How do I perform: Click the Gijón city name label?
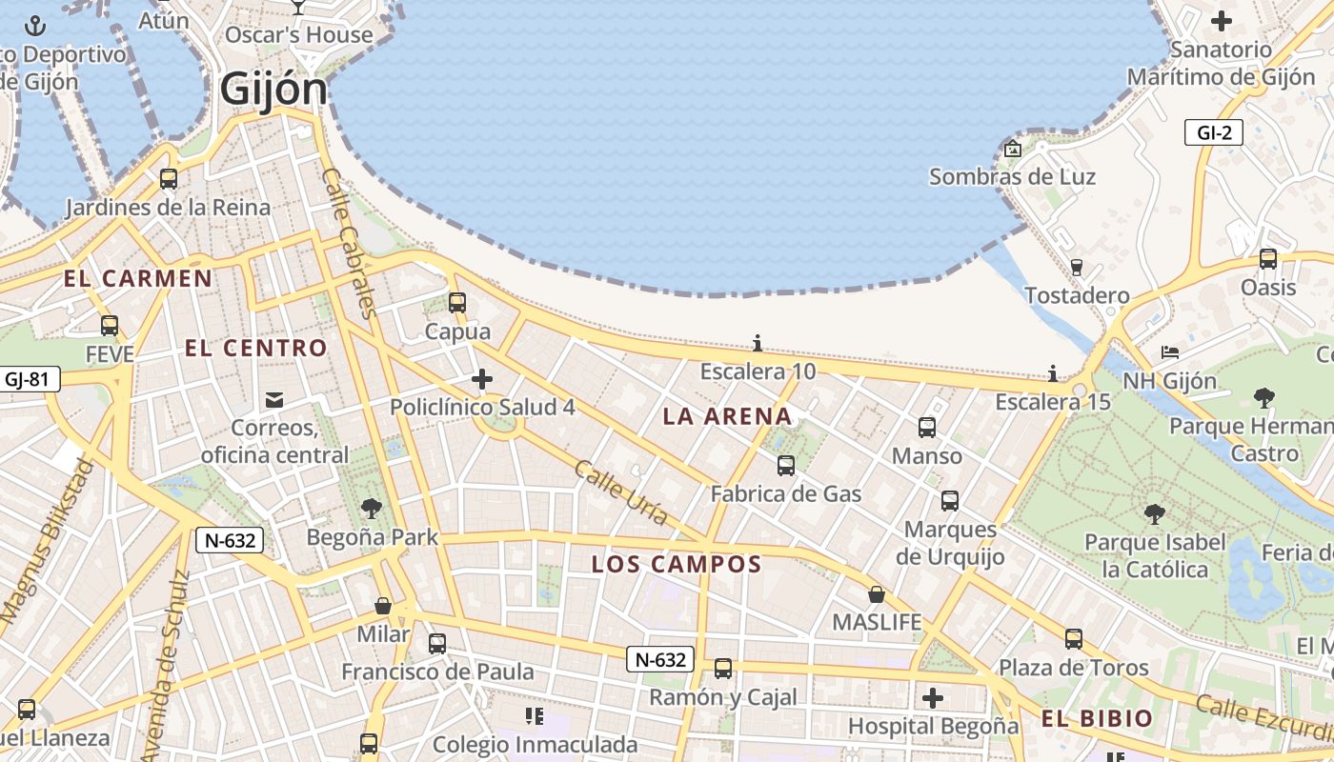click(273, 90)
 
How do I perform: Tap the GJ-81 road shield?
click(27, 379)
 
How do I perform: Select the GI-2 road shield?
click(1214, 132)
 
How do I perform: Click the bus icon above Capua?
click(457, 303)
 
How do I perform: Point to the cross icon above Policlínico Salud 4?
click(482, 380)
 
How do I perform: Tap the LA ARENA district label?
click(727, 416)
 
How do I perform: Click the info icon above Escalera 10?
click(758, 343)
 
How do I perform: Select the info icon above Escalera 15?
click(1053, 373)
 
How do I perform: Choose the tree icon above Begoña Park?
click(372, 510)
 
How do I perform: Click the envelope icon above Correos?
click(274, 399)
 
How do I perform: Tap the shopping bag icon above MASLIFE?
click(877, 595)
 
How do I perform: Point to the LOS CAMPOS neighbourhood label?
click(677, 564)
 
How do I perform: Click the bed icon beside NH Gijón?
click(1170, 352)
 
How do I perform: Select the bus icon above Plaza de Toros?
click(1074, 639)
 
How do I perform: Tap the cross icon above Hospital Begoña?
click(933, 698)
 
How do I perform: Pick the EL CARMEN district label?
click(138, 279)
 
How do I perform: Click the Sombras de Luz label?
click(1012, 177)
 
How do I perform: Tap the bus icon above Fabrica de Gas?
click(786, 466)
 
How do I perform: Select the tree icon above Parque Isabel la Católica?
click(1155, 515)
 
